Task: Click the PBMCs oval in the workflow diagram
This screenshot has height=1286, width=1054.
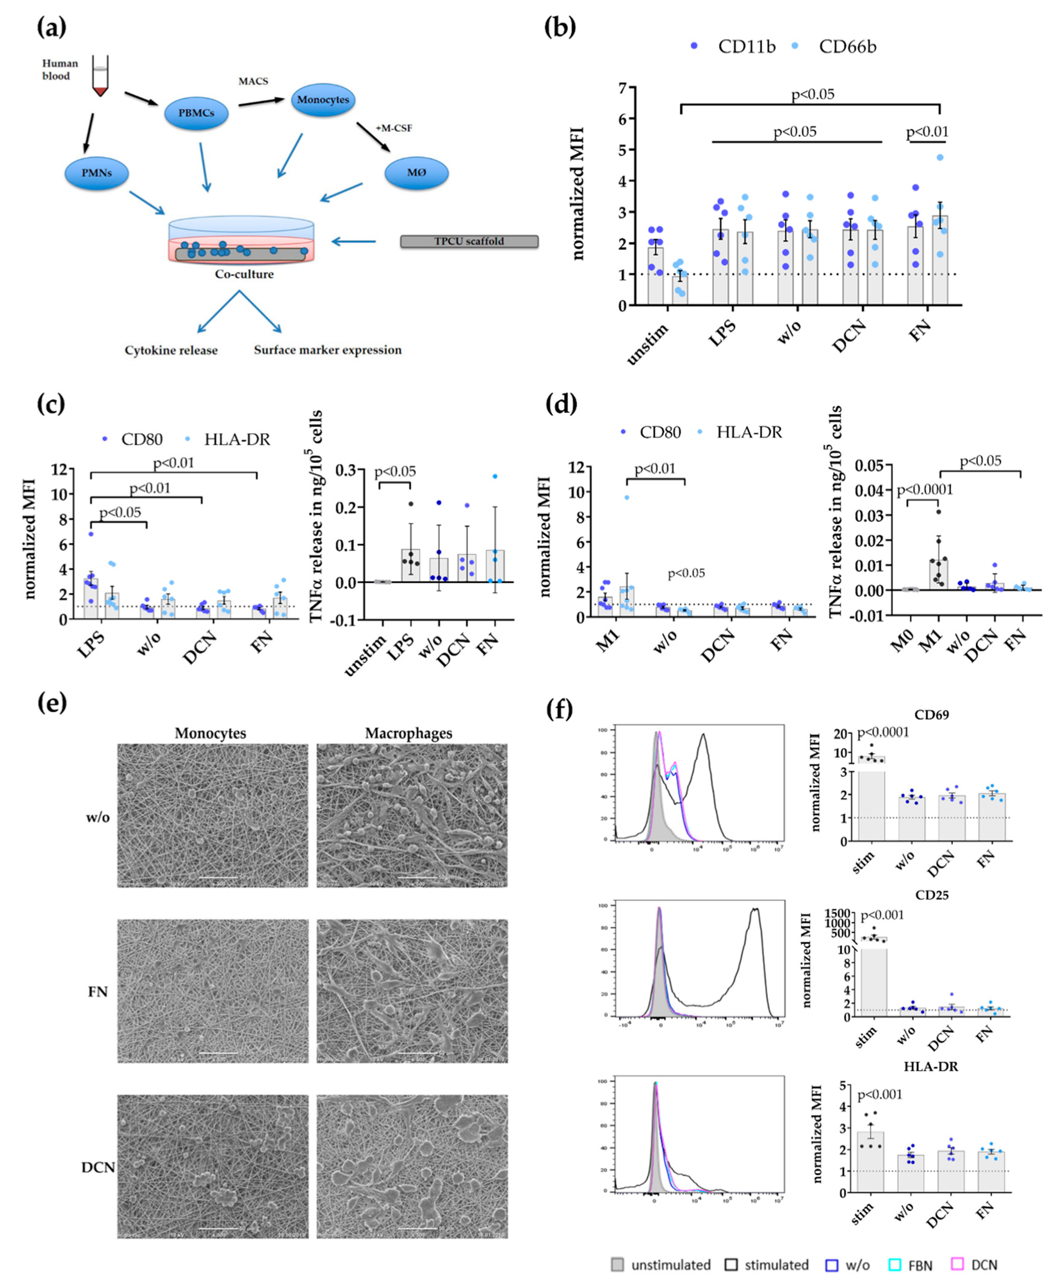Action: [196, 113]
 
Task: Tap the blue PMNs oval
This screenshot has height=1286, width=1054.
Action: [97, 173]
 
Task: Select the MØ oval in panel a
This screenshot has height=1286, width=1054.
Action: [416, 173]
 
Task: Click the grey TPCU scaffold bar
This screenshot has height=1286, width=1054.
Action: [469, 242]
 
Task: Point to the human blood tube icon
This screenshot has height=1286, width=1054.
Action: [100, 76]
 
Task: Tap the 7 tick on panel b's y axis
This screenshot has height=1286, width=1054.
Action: [622, 89]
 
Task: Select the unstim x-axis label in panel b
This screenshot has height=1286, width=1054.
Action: [648, 345]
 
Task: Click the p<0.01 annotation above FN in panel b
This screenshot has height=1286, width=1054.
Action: [927, 132]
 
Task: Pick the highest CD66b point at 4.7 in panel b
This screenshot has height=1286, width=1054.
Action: [940, 158]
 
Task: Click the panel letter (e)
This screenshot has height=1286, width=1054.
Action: [52, 703]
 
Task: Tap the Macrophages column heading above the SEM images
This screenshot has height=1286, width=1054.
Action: [408, 733]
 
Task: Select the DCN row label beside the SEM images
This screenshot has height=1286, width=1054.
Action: [98, 1167]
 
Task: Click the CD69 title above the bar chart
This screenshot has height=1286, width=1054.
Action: [931, 715]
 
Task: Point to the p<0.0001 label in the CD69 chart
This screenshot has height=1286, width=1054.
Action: [882, 732]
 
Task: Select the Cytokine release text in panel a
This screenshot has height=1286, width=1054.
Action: [171, 350]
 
